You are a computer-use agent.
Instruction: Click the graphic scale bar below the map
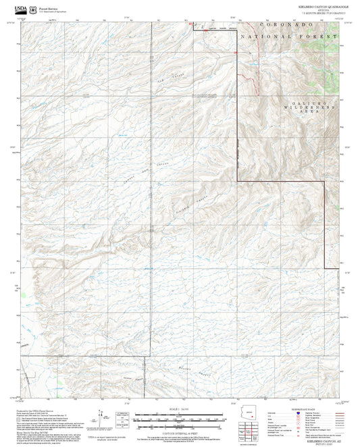point(179,419)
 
